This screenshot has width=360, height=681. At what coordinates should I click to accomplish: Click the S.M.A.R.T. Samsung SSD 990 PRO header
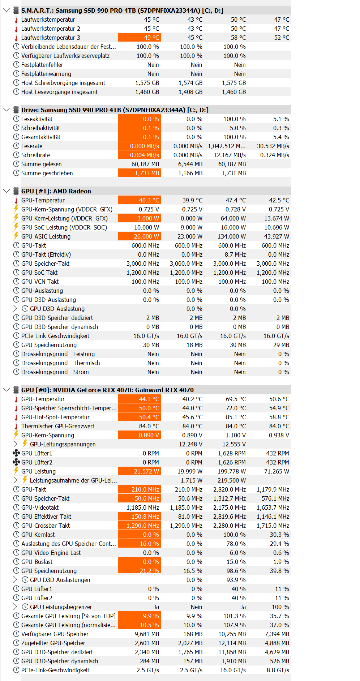122,10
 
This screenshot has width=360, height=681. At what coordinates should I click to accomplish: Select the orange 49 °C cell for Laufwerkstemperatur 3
140,38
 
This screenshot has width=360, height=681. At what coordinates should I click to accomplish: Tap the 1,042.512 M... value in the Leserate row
227,146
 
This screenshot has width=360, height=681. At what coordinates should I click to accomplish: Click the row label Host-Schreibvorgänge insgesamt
63,83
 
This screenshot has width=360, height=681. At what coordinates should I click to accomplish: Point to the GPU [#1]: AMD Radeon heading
56,191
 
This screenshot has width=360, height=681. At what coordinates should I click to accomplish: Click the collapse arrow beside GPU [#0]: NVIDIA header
6,390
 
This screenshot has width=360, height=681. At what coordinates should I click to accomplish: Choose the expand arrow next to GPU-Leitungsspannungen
15,444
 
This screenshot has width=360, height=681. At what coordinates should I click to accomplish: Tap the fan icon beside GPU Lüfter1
16,453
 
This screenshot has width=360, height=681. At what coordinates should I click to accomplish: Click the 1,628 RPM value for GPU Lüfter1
232,453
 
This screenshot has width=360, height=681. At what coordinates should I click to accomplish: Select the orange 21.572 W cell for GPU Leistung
140,471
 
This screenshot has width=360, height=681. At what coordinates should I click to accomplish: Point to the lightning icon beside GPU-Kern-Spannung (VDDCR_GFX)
16,209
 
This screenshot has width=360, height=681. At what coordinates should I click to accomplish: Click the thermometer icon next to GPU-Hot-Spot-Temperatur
16,417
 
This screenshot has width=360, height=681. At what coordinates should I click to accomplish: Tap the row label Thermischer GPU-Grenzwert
58,426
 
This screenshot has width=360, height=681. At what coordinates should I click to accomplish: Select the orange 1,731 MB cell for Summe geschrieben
140,173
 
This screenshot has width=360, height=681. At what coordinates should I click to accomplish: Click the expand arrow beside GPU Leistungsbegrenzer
15,607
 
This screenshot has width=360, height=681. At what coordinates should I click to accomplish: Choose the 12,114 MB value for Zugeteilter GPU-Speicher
232,643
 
